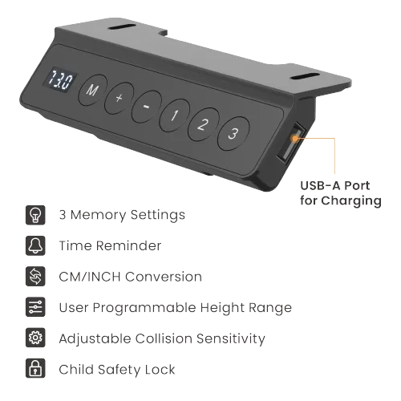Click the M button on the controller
92,90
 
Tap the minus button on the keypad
147,107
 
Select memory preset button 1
174,115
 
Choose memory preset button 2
204,124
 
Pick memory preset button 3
233,133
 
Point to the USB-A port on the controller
291,144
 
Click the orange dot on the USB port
295,138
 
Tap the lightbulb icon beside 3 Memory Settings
35,215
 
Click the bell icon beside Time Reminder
35,245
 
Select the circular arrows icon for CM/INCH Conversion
35,277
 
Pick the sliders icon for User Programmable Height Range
35,307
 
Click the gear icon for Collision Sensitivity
35,338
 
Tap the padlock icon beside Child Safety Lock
35,368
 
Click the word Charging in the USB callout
351,201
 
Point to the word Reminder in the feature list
128,245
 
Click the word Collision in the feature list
164,338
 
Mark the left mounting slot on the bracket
122,27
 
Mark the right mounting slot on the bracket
306,76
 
